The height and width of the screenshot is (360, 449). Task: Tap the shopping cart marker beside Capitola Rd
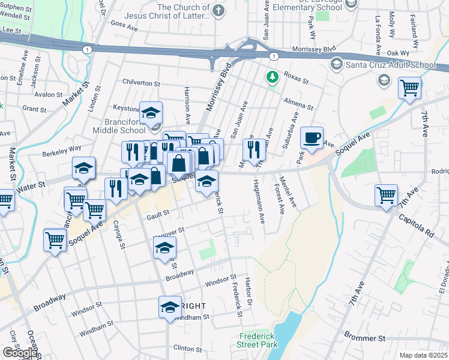(386, 195)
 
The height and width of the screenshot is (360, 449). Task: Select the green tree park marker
(273, 77)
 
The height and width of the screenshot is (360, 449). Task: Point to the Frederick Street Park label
(259, 340)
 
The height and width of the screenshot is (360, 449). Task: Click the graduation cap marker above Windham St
(170, 307)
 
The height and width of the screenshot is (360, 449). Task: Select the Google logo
(20, 352)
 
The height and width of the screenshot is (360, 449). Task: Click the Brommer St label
(365, 338)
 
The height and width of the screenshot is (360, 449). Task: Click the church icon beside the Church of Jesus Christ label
(218, 10)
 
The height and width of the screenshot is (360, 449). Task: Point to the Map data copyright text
(423, 355)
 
